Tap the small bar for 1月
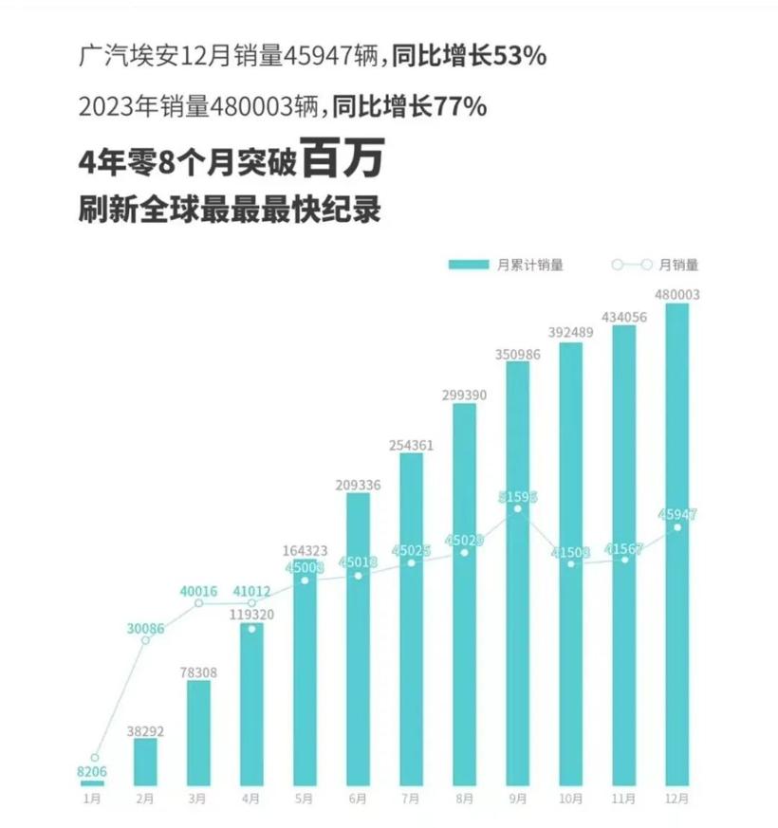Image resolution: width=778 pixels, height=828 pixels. [92, 782]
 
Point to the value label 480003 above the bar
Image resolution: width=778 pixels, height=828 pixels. [677, 295]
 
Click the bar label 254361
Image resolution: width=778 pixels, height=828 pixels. [412, 444]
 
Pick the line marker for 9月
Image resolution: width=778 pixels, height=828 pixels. [517, 509]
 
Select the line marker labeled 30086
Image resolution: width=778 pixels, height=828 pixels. [146, 641]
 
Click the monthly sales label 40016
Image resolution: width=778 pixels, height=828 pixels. [198, 591]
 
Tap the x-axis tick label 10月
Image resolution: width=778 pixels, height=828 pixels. [571, 800]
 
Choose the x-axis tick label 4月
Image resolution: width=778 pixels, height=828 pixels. [251, 800]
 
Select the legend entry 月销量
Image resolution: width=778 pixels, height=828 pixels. [655, 266]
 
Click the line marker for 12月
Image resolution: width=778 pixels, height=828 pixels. [677, 527]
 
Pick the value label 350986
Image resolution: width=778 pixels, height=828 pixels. [518, 353]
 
